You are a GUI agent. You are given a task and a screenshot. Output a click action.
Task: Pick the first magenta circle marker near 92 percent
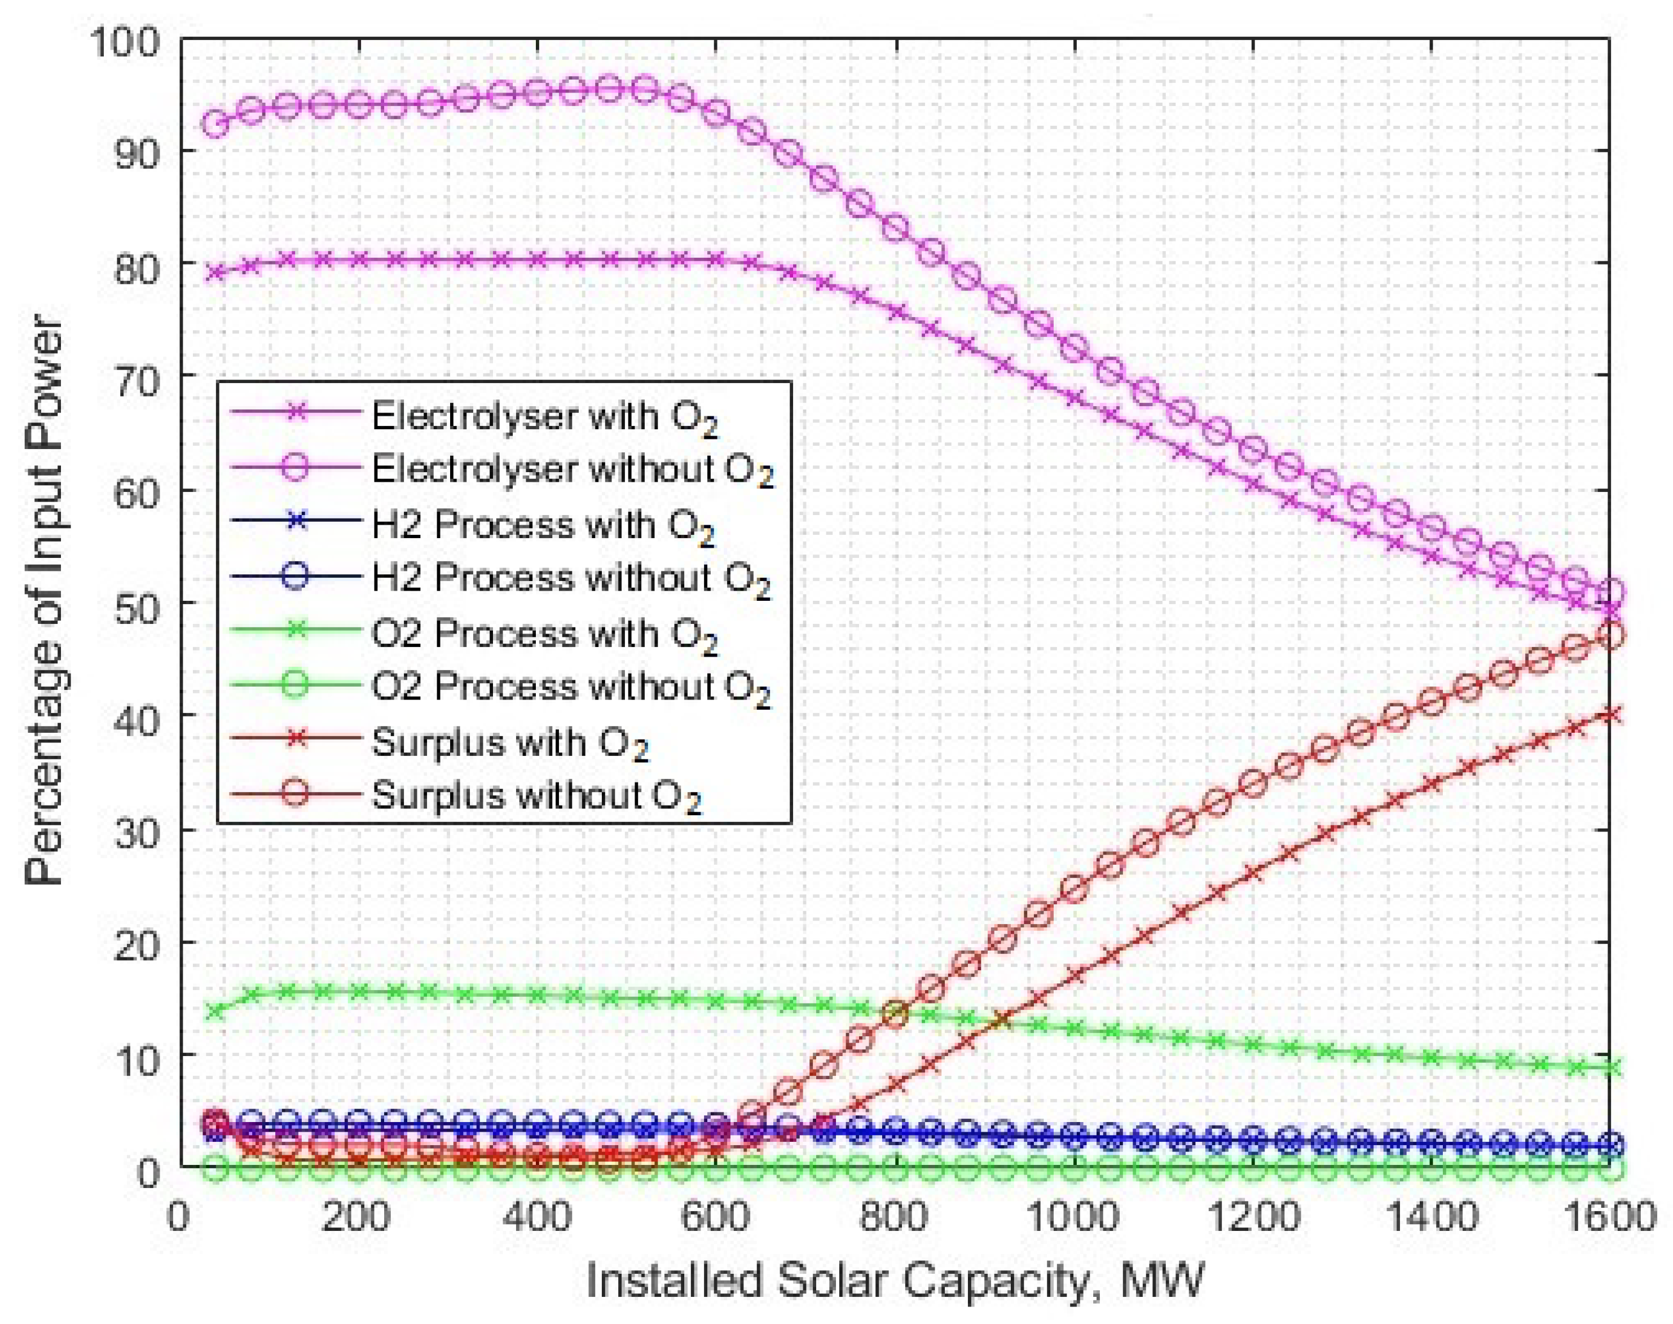(215, 123)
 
